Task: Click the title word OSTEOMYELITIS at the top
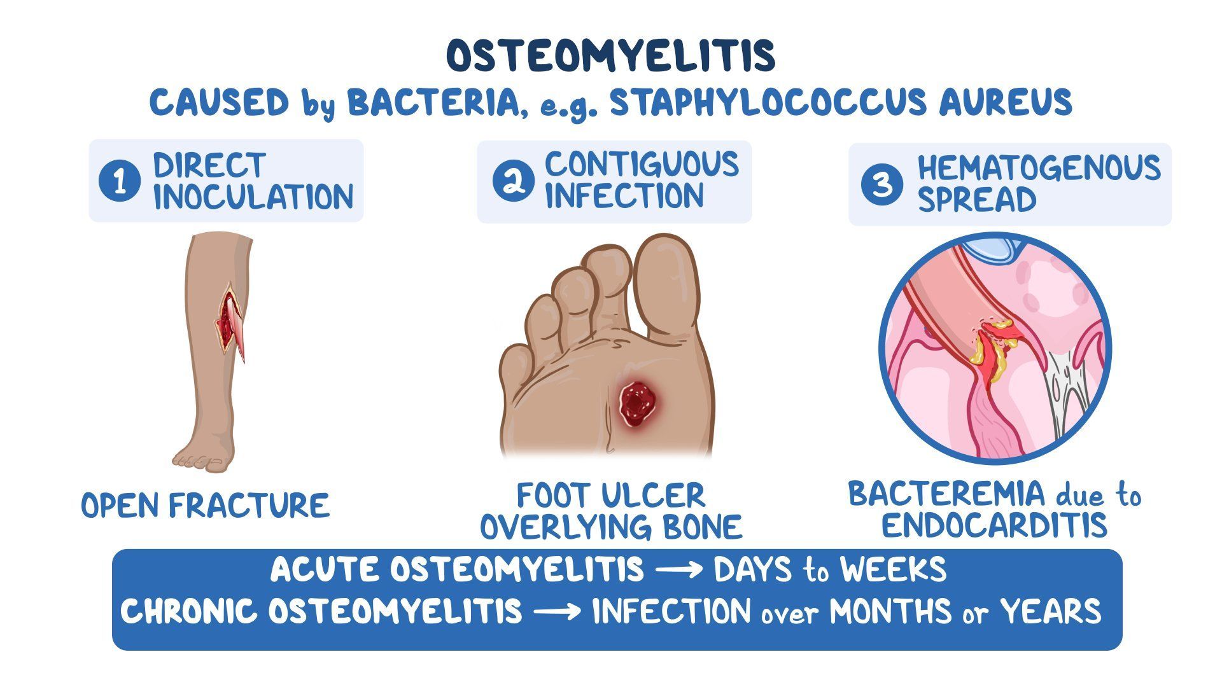tap(611, 55)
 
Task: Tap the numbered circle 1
tap(119, 181)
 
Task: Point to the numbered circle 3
tap(881, 184)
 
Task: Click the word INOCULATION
tap(253, 197)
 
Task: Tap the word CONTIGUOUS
tap(642, 165)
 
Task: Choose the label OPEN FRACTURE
tap(205, 506)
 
